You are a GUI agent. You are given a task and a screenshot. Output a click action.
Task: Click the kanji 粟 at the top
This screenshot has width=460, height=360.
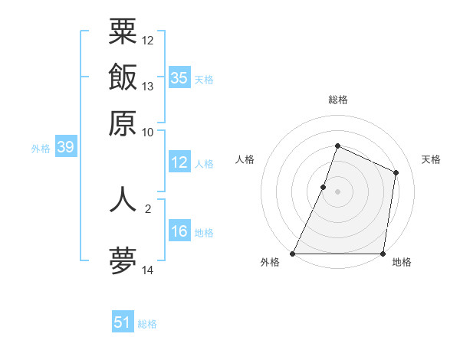point(123,33)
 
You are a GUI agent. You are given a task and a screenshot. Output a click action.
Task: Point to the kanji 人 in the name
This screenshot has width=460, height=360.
point(123,198)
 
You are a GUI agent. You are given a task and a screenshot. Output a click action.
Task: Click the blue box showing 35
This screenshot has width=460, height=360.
point(179,78)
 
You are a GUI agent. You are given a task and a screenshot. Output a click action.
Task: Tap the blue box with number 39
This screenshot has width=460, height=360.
point(65,148)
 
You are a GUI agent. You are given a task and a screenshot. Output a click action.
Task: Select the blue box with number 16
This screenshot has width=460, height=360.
point(179,232)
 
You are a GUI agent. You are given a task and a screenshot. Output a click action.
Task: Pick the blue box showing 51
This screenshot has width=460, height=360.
point(123,322)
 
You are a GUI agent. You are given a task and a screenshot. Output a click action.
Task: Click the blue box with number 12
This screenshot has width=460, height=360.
point(179,162)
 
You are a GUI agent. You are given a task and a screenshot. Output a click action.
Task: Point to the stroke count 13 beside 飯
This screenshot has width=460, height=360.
point(148,86)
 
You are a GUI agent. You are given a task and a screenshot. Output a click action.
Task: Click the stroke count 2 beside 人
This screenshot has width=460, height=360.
point(147,207)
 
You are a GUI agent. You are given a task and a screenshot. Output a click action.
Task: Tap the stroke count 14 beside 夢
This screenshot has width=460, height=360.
point(148,270)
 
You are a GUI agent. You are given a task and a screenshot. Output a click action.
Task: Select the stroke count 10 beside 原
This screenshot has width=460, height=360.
point(148,131)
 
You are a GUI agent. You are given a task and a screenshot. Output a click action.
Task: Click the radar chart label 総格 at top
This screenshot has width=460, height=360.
point(337,100)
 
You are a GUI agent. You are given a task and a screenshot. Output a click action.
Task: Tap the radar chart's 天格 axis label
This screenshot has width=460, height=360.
point(431,159)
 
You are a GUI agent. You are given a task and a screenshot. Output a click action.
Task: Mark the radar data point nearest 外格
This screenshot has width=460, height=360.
point(293,254)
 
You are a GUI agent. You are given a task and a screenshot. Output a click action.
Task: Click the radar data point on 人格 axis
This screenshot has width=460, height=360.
point(324,187)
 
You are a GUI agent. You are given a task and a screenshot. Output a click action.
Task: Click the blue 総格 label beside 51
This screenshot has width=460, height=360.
point(147,324)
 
